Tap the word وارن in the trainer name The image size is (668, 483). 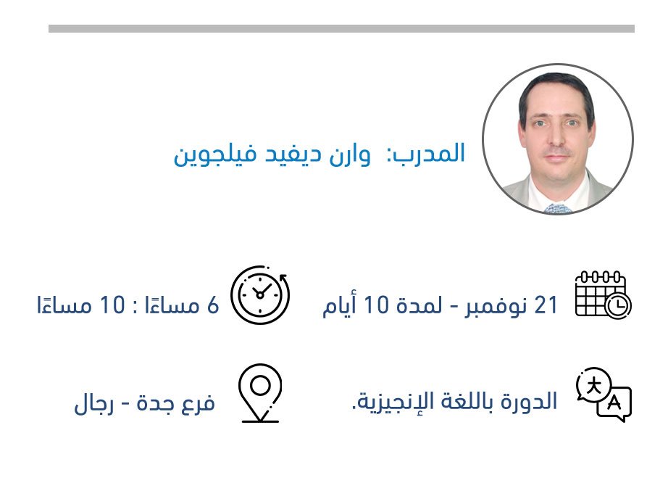[x=350, y=154]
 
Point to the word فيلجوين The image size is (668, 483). [x=215, y=154]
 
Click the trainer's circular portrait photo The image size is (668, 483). [x=558, y=139]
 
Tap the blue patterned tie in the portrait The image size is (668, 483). [x=558, y=208]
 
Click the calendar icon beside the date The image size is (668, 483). [x=603, y=294]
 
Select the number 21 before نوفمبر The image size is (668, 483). [x=546, y=305]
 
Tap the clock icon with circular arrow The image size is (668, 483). [x=260, y=294]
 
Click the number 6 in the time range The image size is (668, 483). [x=213, y=305]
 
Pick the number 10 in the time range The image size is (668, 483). [x=112, y=305]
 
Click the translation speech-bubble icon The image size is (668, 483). [x=604, y=395]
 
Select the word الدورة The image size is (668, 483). [x=529, y=401]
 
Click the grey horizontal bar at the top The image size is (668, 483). [x=341, y=28]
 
